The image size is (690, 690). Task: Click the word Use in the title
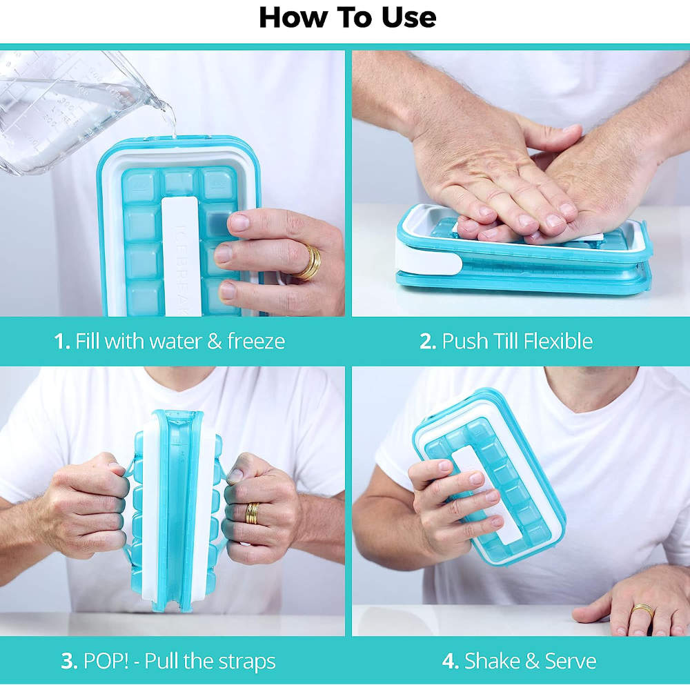(408, 18)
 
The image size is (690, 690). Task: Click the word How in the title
(293, 18)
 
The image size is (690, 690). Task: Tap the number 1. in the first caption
(62, 341)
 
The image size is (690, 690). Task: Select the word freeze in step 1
(256, 341)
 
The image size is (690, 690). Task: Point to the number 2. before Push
(428, 342)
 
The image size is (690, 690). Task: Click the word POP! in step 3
(106, 661)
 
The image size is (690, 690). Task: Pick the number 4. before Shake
(451, 661)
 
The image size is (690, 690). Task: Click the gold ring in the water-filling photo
(310, 262)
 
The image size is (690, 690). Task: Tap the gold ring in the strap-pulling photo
(252, 513)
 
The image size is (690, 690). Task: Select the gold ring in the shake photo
(642, 611)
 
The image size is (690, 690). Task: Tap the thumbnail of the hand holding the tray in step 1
(240, 221)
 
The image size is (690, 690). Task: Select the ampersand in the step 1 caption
(215, 342)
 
